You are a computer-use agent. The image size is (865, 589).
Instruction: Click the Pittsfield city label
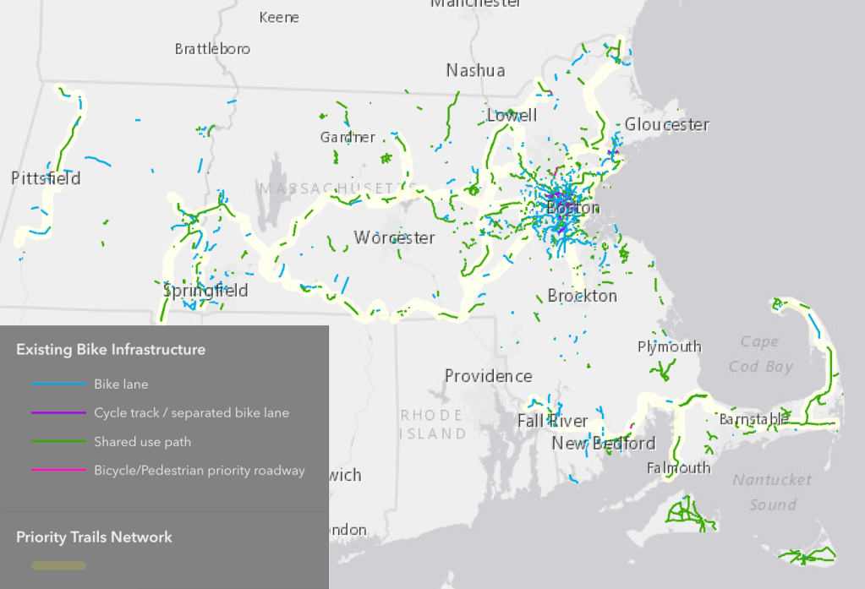46,178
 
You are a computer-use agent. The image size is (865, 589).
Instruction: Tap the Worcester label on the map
394,237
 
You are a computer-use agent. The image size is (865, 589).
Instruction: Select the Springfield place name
205,291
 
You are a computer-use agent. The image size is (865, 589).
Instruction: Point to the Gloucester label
666,124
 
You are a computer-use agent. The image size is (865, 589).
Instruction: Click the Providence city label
488,376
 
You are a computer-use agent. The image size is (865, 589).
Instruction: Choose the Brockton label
582,296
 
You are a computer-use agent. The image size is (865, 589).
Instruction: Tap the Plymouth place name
669,346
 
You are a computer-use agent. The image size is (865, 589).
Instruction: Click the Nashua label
475,70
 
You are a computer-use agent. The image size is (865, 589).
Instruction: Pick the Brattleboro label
212,49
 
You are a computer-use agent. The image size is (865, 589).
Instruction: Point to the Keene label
279,17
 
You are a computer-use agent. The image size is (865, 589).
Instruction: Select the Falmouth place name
678,467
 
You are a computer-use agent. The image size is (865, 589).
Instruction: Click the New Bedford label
603,444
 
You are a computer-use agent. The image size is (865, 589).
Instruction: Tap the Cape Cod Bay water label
760,354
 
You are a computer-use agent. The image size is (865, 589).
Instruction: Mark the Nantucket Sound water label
772,492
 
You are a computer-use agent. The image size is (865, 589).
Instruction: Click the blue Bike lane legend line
58,384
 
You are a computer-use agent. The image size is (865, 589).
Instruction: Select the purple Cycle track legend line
58,413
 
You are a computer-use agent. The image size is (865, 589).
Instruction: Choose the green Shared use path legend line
58,442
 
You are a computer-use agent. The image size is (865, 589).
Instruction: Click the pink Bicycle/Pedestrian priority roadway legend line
58,471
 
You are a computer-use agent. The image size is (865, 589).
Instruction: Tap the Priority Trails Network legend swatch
58,565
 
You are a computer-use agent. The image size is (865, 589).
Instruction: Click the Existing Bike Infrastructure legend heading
110,349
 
